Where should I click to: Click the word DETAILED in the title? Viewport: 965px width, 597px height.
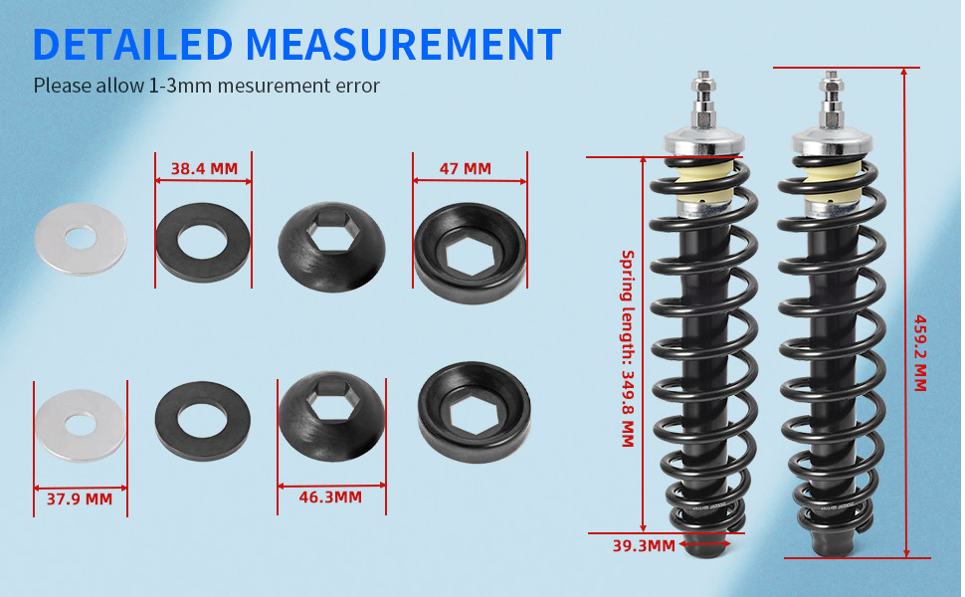pyautogui.click(x=133, y=45)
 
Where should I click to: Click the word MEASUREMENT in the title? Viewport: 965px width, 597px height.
pyautogui.click(x=403, y=45)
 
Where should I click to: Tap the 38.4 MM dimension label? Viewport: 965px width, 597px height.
pyautogui.click(x=204, y=169)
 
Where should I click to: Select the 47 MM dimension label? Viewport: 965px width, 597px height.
pyautogui.click(x=465, y=169)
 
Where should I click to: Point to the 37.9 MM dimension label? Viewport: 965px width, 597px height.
pyautogui.click(x=80, y=499)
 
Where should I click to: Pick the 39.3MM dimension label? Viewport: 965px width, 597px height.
pyautogui.click(x=644, y=545)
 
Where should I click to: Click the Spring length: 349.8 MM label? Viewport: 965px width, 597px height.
pyautogui.click(x=628, y=348)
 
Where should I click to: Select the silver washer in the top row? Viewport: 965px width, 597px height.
pyautogui.click(x=80, y=239)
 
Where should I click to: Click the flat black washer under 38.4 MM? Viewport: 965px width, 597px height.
pyautogui.click(x=203, y=242)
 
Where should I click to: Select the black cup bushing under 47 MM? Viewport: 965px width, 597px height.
pyautogui.click(x=470, y=255)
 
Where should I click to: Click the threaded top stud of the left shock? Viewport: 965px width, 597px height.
pyautogui.click(x=702, y=95)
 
